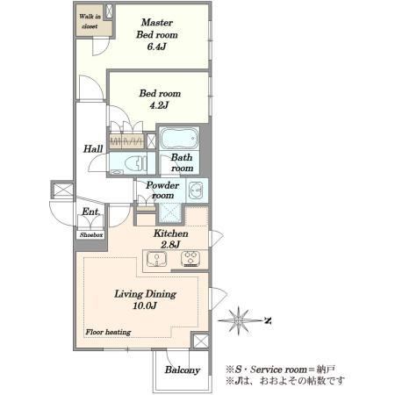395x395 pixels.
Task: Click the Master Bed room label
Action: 157,28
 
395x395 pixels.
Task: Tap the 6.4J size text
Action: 157,47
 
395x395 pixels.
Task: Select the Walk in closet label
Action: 90,21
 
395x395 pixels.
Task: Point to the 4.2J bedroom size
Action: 159,105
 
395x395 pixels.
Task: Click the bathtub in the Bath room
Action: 179,139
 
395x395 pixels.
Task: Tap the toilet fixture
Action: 135,163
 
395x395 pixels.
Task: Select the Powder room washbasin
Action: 196,190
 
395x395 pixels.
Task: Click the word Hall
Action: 93,148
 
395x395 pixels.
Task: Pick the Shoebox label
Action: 91,235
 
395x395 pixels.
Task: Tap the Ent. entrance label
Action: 90,212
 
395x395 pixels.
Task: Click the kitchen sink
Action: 157,259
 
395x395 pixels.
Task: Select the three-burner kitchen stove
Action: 190,259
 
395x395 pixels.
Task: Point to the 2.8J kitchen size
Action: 170,245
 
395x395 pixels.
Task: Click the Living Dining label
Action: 146,294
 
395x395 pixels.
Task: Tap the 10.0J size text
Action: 145,305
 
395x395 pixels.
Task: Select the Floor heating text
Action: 108,332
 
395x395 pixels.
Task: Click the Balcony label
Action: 183,370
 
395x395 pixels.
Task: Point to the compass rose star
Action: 239,320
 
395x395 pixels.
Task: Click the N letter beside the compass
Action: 268,320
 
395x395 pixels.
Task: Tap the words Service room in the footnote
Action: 278,370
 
